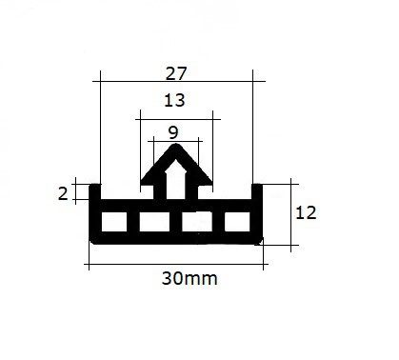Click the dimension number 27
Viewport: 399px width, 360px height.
[176, 73]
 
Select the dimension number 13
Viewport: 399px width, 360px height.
[174, 100]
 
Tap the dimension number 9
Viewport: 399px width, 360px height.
[173, 132]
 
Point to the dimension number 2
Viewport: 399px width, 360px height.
[63, 193]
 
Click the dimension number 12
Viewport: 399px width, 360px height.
[306, 212]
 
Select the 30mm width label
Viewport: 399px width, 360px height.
[190, 278]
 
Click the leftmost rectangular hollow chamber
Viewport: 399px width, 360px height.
[114, 222]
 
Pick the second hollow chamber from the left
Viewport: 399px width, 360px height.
[154, 222]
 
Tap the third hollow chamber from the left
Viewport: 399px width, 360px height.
[197, 222]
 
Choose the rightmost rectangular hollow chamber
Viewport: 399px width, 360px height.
[237, 222]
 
